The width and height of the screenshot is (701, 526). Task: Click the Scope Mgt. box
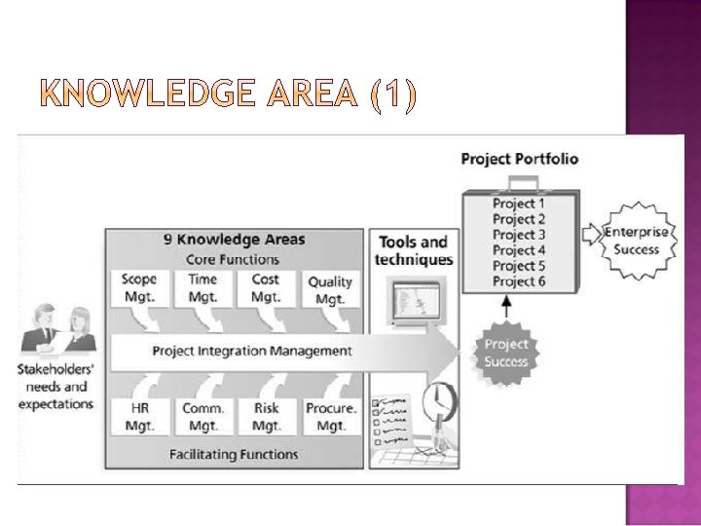click(140, 288)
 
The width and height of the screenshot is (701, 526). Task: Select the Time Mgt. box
click(203, 288)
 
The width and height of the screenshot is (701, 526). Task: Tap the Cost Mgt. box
click(266, 288)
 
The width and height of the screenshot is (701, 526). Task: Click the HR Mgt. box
click(140, 416)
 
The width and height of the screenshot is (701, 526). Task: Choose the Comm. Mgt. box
click(203, 416)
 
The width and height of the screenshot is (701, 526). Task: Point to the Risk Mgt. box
click(266, 416)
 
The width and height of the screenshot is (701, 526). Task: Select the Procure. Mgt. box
click(331, 416)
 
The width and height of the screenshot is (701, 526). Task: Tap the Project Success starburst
click(506, 353)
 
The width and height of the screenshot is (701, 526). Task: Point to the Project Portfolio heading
click(519, 159)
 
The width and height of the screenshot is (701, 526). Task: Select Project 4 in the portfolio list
click(519, 250)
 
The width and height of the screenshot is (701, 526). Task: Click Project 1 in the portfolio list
click(519, 204)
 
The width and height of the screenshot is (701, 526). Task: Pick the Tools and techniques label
click(413, 250)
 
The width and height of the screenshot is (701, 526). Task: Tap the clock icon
click(440, 399)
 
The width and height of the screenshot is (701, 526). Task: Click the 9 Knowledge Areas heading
click(234, 240)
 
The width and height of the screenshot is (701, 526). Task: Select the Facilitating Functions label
click(234, 454)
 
